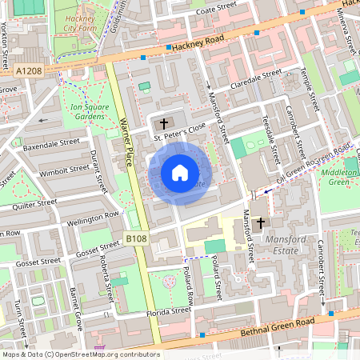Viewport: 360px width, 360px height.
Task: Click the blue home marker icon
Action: click(x=180, y=173)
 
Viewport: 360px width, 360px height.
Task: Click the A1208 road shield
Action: click(x=28, y=70)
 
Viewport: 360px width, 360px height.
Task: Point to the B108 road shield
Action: click(x=137, y=238)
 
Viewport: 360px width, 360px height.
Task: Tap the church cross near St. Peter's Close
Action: click(x=164, y=123)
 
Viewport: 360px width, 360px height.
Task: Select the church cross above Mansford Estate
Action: click(x=261, y=223)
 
